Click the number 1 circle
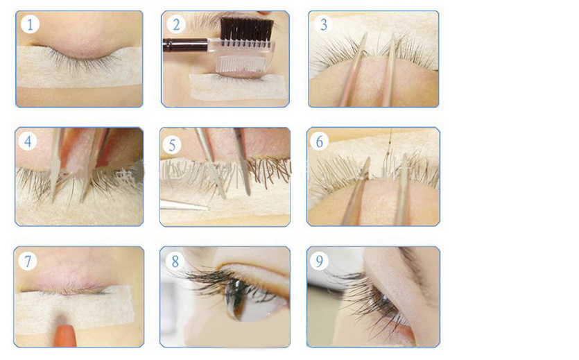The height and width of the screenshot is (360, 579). tap(30, 24)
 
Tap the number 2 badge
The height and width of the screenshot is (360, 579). tap(176, 24)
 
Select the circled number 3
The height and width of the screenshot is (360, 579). tap(323, 24)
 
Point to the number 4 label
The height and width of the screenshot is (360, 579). tap(28, 141)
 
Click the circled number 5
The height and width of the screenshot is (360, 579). tap(172, 145)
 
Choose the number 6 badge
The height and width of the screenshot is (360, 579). tap(320, 141)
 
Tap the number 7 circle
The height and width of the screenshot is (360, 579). tap(28, 262)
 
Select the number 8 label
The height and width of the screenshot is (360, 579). tap(175, 262)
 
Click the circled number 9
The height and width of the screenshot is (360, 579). tap(320, 262)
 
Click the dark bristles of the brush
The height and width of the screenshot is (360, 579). tap(247, 30)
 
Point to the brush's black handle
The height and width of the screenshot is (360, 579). tap(185, 44)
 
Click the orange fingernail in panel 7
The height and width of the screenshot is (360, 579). tap(65, 335)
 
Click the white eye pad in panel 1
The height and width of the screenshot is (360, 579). tap(79, 67)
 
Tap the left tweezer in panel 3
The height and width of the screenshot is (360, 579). tap(354, 70)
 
